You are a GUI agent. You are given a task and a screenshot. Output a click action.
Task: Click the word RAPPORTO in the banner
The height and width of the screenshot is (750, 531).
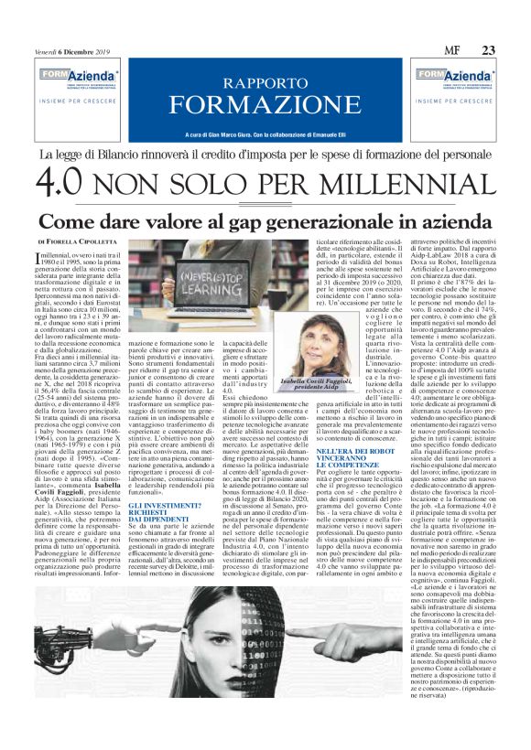tap(265, 80)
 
